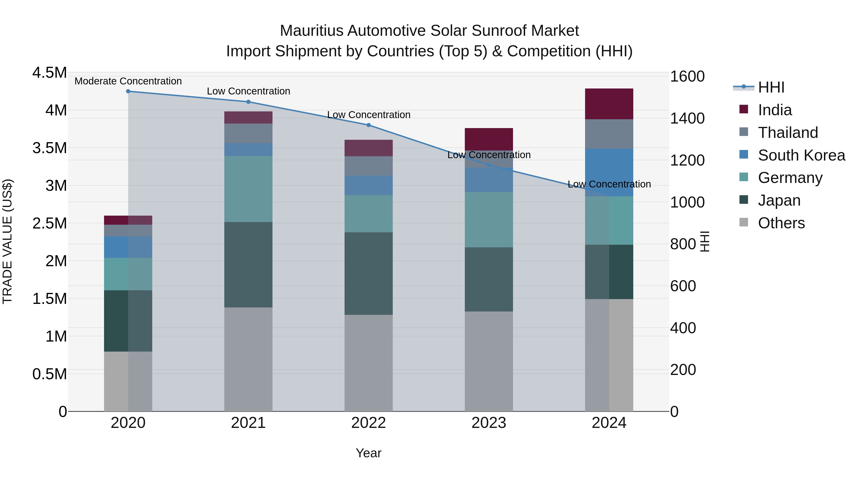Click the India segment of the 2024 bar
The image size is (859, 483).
[609, 104]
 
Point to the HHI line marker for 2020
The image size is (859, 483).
[128, 91]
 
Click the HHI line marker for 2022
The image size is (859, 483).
[368, 125]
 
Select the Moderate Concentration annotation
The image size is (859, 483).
[128, 81]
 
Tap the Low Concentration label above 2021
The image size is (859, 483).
[248, 91]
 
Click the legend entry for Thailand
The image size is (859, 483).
[788, 132]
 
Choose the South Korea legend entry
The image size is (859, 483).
[801, 155]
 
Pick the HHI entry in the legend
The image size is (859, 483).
[771, 87]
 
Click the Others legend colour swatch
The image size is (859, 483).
[744, 222]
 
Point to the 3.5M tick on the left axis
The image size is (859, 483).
[49, 148]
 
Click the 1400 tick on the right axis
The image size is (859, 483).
[687, 118]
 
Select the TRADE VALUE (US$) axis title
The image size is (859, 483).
[7, 241]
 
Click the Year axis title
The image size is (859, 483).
[368, 453]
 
